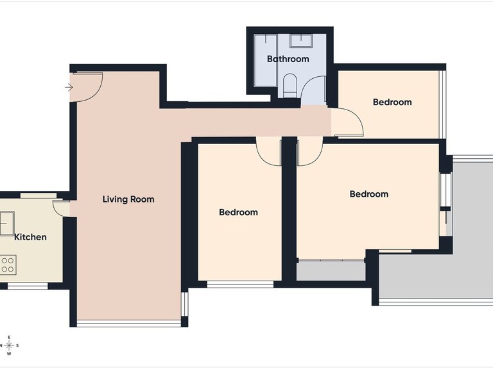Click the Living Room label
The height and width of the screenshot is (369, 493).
point(128,199)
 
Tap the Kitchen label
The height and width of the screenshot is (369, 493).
point(31,237)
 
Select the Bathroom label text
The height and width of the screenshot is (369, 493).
point(288,59)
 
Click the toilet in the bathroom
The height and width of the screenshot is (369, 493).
point(290,86)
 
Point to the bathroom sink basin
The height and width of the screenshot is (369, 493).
point(301,41)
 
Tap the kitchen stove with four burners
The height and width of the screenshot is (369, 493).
point(8,265)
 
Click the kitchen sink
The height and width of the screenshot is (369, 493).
point(6,224)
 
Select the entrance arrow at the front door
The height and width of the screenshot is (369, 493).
point(69,87)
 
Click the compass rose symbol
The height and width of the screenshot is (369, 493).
point(9,345)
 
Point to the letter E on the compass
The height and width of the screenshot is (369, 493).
point(9,338)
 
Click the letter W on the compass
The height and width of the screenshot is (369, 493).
point(9,354)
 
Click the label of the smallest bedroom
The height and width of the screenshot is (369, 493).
point(392,102)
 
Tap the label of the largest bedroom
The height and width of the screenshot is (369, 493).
point(369,194)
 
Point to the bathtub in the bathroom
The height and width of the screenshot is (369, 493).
point(266,60)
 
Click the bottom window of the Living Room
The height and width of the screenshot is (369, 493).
point(129,323)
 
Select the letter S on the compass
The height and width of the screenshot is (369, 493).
point(17,345)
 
